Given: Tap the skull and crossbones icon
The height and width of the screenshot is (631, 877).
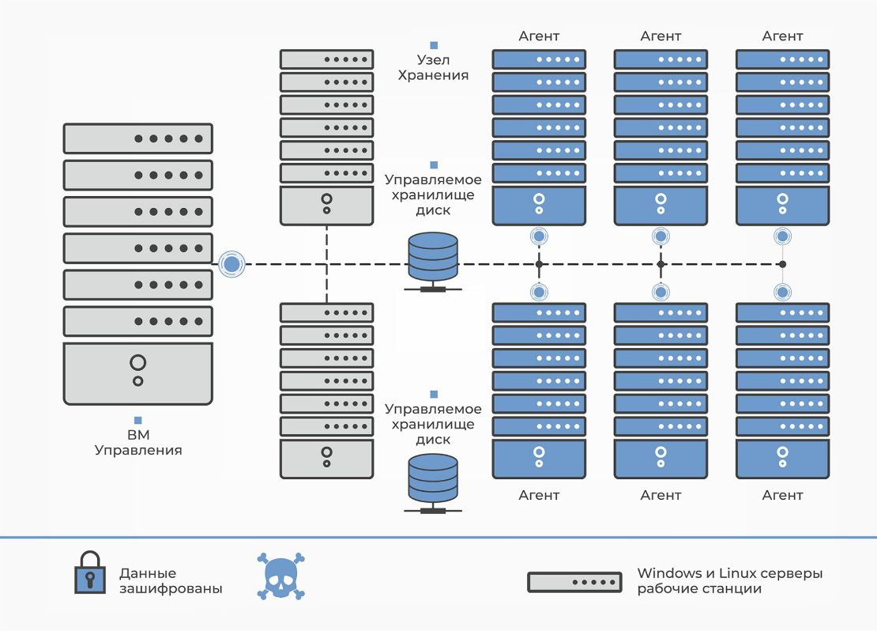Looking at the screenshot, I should pyautogui.click(x=280, y=575).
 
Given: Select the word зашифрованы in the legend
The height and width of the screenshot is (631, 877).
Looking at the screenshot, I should pyautogui.click(x=171, y=589).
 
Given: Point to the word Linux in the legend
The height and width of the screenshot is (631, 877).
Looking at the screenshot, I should pyautogui.click(x=736, y=573).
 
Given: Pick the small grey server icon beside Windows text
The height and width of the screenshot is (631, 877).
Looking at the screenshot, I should pyautogui.click(x=574, y=582).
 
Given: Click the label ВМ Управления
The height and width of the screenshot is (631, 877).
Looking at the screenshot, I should pyautogui.click(x=138, y=443).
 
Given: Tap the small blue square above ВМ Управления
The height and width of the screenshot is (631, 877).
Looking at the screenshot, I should pyautogui.click(x=138, y=420).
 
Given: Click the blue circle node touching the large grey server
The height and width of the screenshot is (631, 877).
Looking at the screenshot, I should pyautogui.click(x=231, y=264).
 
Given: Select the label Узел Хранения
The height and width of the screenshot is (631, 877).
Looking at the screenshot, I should pyautogui.click(x=433, y=67).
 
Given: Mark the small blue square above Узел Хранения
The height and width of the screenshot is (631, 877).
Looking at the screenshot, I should pyautogui.click(x=433, y=45).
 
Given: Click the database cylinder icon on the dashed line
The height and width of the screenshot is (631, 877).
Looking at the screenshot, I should pyautogui.click(x=433, y=258).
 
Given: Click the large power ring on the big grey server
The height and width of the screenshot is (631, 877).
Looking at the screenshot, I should pyautogui.click(x=138, y=363).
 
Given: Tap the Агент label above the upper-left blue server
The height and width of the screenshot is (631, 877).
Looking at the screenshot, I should pyautogui.click(x=539, y=36).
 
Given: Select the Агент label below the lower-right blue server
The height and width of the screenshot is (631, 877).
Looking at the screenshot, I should pyautogui.click(x=782, y=495).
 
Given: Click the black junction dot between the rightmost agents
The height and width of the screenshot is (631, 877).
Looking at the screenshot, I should pyautogui.click(x=782, y=264).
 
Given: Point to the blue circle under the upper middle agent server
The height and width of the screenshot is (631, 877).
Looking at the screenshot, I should pyautogui.click(x=661, y=236).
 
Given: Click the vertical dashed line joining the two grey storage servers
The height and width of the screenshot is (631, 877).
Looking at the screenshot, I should pyautogui.click(x=326, y=263).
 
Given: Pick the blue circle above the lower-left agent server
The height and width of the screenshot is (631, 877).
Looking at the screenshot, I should pyautogui.click(x=539, y=292).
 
